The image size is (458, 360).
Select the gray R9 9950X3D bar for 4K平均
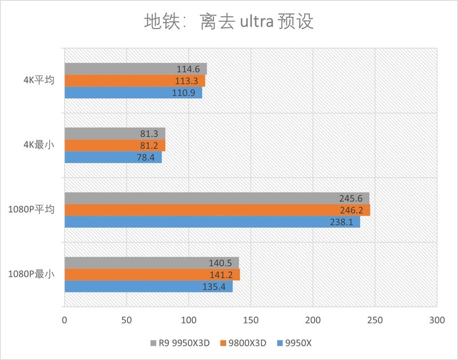click(135, 69)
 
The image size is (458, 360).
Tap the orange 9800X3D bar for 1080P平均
click(217, 210)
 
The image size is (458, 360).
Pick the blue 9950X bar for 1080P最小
click(148, 287)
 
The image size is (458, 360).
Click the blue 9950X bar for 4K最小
click(113, 157)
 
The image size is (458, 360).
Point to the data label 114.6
click(189, 69)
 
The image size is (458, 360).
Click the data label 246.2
click(353, 210)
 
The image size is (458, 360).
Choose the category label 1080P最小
click(31, 275)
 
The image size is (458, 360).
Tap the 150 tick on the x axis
click(250, 318)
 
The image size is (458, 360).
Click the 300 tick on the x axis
click(436, 318)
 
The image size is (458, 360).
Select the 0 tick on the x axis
click(64, 318)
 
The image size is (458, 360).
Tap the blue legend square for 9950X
click(280, 343)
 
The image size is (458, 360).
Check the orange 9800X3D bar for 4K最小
click(114, 145)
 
